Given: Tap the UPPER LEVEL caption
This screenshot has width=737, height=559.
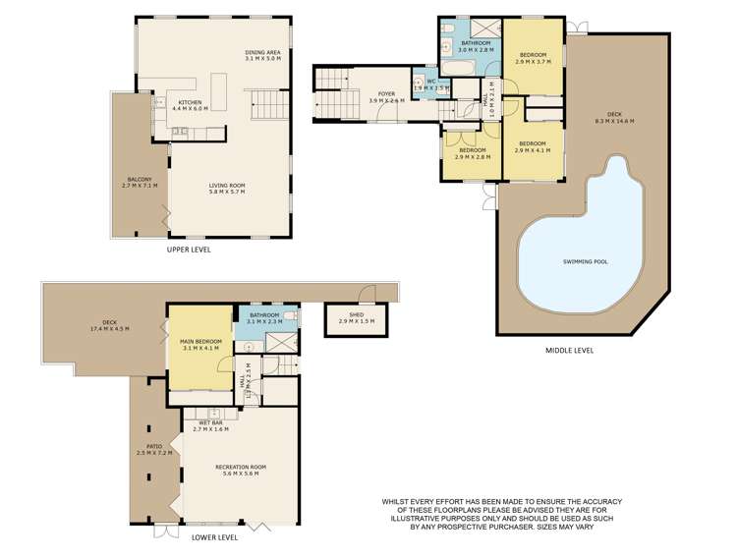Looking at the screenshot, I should point(189,250).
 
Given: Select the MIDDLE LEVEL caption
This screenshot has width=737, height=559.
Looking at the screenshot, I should point(569,350).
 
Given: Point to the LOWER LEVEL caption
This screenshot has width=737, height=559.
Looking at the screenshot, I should point(213,537).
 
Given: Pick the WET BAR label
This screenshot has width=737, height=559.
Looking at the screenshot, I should point(210,425).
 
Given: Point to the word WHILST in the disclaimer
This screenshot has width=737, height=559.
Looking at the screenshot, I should point(397,501).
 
